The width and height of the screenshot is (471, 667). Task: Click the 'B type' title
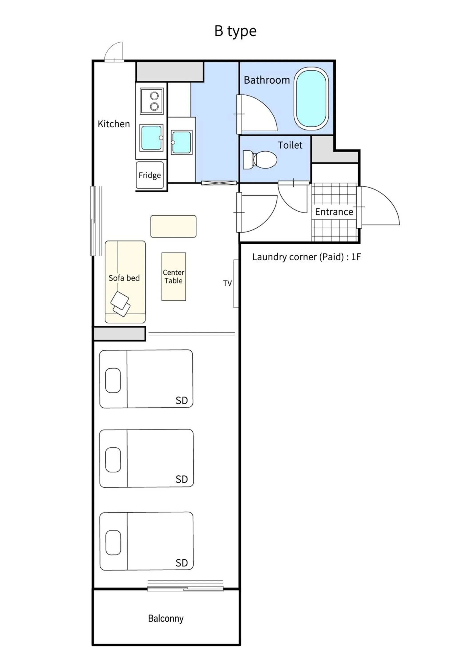pos(235,31)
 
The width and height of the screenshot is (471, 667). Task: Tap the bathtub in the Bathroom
pos(311,99)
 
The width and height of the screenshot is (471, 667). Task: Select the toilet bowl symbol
pos(260,159)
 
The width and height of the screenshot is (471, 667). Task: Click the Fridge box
pos(150,175)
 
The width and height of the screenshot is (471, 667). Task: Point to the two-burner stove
pos(152,101)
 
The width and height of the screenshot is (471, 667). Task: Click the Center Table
pos(174,277)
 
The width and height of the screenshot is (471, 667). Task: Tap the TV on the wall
pos(236,283)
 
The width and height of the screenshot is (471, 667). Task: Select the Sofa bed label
pos(124,278)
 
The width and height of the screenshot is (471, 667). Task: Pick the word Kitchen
pos(114,124)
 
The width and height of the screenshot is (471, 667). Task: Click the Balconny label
pos(166,619)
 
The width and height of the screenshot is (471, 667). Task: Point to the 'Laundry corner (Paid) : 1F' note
pos(306,257)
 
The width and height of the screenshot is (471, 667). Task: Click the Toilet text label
pos(290,145)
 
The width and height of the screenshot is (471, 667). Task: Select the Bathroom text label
pos(267,80)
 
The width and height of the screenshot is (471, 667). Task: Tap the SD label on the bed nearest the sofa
pos(182,401)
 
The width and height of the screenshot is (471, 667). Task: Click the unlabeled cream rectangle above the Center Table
pos(173,226)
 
